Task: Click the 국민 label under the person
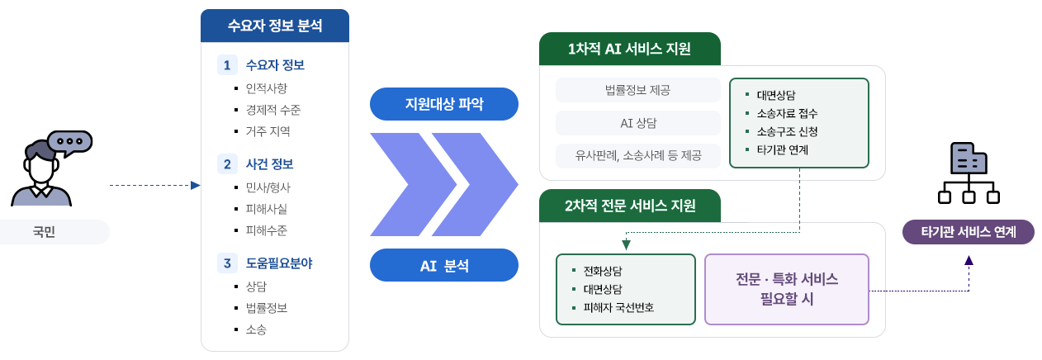(54, 232)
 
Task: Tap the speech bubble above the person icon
(69, 143)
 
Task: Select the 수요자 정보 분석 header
(275, 26)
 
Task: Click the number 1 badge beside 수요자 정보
(226, 65)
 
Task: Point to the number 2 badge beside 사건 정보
(226, 164)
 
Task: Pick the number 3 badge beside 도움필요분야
(226, 263)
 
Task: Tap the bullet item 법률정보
(266, 307)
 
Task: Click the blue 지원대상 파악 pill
(444, 104)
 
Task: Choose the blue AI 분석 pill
(444, 265)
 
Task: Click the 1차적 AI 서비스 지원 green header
(629, 49)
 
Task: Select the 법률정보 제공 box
(638, 90)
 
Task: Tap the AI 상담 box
(638, 123)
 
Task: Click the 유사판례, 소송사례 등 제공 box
(638, 155)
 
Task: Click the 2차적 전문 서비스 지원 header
(629, 206)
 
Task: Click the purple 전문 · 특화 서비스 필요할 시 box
(787, 289)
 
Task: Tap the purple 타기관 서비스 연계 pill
(969, 232)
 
